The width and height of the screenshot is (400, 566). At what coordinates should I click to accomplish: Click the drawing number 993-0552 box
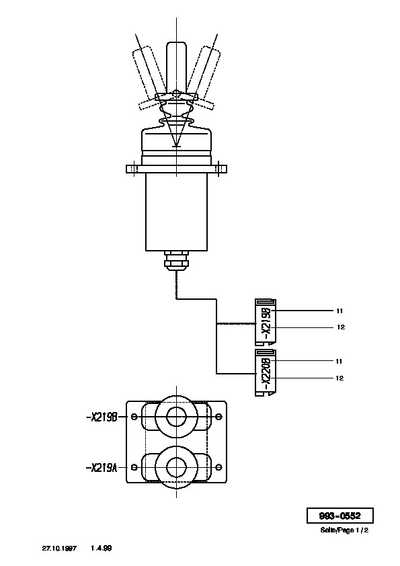point(339,516)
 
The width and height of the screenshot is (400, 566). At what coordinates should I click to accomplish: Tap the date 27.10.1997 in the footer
point(59,548)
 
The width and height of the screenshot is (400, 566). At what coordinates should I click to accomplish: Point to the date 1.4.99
point(102,548)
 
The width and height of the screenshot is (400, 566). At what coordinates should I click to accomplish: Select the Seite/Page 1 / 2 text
point(344,530)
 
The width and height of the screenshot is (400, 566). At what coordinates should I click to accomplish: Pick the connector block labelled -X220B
point(266,372)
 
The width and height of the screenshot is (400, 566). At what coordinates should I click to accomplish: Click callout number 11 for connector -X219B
point(339,311)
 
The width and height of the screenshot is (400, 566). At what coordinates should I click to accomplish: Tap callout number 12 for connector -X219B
point(340,327)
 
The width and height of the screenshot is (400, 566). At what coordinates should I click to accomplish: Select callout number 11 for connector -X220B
point(339,362)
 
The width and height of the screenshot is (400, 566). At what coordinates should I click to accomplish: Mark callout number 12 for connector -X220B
point(339,378)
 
